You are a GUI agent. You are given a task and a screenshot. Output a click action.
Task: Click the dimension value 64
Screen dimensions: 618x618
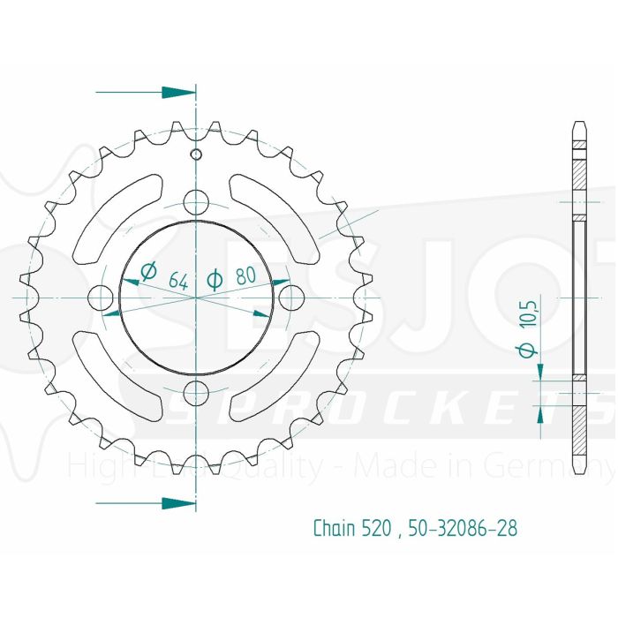(177, 282)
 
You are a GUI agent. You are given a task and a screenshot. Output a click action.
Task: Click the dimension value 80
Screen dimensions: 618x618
(246, 276)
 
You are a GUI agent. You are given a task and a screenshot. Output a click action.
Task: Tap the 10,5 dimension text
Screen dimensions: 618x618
(528, 313)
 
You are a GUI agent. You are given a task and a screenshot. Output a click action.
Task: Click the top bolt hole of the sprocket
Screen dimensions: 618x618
(196, 200)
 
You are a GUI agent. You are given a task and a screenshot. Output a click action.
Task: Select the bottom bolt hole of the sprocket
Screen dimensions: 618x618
(196, 390)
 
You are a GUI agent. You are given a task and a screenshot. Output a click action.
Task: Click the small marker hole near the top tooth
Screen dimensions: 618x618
(196, 156)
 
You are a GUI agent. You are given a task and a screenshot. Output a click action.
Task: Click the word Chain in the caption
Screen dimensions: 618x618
(334, 529)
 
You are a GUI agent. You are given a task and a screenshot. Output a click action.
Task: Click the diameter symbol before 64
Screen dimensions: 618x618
(148, 272)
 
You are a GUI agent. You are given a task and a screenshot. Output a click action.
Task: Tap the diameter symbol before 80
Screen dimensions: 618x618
(214, 280)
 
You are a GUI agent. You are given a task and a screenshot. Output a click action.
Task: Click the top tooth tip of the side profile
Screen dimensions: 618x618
(578, 123)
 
